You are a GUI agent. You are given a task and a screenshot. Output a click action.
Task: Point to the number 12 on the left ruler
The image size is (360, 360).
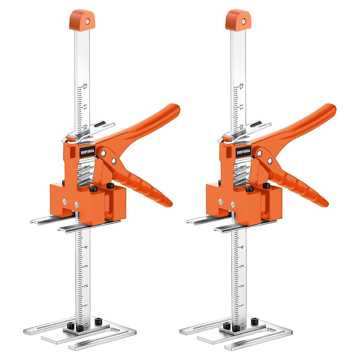point(86,86)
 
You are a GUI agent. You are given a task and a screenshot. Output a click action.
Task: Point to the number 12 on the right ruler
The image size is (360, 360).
point(242,86)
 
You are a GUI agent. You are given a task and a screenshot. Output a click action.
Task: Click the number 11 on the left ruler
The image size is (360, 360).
point(86,107)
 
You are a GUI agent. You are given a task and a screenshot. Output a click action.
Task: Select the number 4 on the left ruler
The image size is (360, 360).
point(86,247)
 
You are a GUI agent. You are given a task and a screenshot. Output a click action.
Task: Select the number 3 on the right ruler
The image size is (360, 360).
point(242,267)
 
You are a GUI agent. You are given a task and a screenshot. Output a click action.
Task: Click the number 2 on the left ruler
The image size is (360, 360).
point(86,286)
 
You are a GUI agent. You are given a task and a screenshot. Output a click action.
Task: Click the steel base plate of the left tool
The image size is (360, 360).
point(80,333)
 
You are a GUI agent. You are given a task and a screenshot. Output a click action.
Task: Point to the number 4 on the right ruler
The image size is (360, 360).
point(242,247)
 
